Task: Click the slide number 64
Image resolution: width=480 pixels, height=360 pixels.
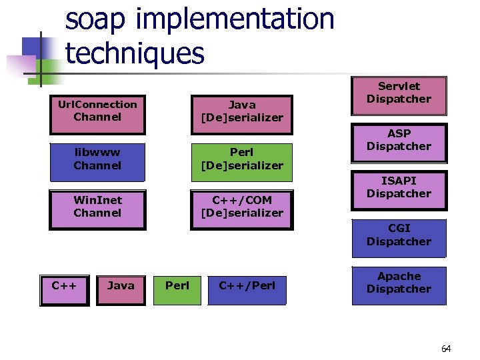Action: click(x=446, y=349)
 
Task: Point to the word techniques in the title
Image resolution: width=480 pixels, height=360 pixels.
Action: click(x=135, y=53)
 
